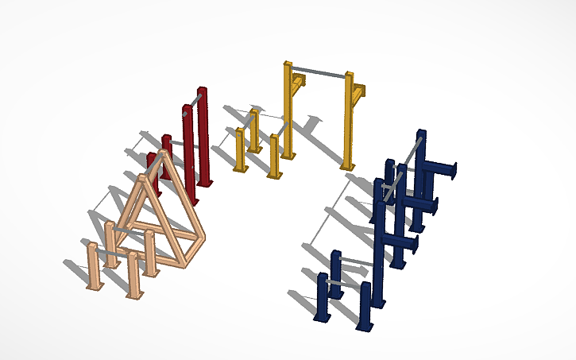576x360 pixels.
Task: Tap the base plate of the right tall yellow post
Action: [x=347, y=166]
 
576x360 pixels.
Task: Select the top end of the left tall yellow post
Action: [x=288, y=65]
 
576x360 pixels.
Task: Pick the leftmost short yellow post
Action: [x=238, y=151]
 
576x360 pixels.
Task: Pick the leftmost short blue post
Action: [x=323, y=297]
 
